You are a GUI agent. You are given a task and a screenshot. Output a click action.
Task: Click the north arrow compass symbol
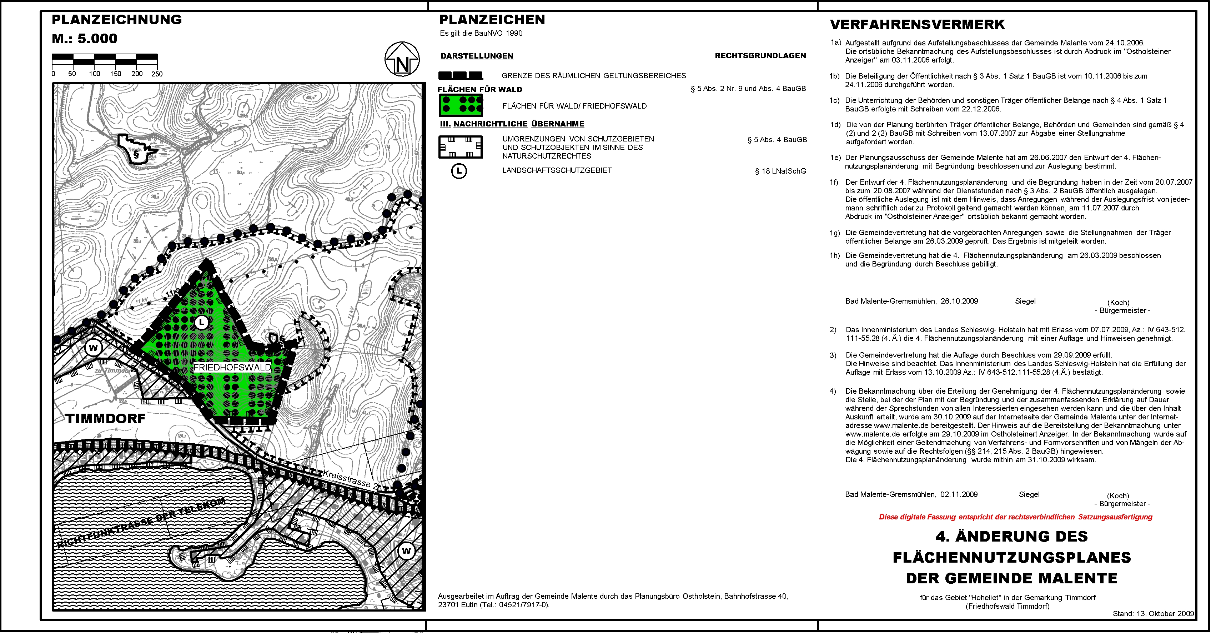click(x=402, y=60)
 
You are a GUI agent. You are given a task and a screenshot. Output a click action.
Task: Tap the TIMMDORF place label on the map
click(x=105, y=419)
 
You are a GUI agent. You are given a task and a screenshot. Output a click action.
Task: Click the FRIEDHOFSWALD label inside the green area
click(x=232, y=367)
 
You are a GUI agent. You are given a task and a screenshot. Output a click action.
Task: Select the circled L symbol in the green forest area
click(x=202, y=323)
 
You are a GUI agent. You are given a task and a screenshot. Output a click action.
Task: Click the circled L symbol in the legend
click(x=459, y=171)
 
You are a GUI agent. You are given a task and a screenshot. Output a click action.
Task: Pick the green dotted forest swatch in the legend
click(x=461, y=105)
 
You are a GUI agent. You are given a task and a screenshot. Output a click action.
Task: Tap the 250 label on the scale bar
click(x=157, y=74)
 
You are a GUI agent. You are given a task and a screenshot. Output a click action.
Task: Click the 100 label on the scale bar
click(x=95, y=74)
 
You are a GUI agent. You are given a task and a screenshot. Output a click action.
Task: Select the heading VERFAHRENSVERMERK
click(x=917, y=24)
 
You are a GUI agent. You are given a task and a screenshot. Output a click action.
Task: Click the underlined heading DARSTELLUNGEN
click(x=477, y=56)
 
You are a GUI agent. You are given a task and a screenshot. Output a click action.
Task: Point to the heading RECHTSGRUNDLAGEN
click(x=760, y=55)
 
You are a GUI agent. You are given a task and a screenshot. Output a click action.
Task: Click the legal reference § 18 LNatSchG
click(x=780, y=171)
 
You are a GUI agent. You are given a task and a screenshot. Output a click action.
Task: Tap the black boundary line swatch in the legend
click(x=460, y=76)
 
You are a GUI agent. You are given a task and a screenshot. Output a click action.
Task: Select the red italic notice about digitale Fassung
click(x=1015, y=517)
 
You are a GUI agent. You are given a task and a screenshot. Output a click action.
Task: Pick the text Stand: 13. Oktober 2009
click(x=1153, y=613)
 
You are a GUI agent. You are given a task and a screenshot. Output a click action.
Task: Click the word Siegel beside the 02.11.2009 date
click(x=1029, y=494)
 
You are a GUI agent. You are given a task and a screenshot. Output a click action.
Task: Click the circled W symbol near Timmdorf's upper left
click(x=93, y=348)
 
